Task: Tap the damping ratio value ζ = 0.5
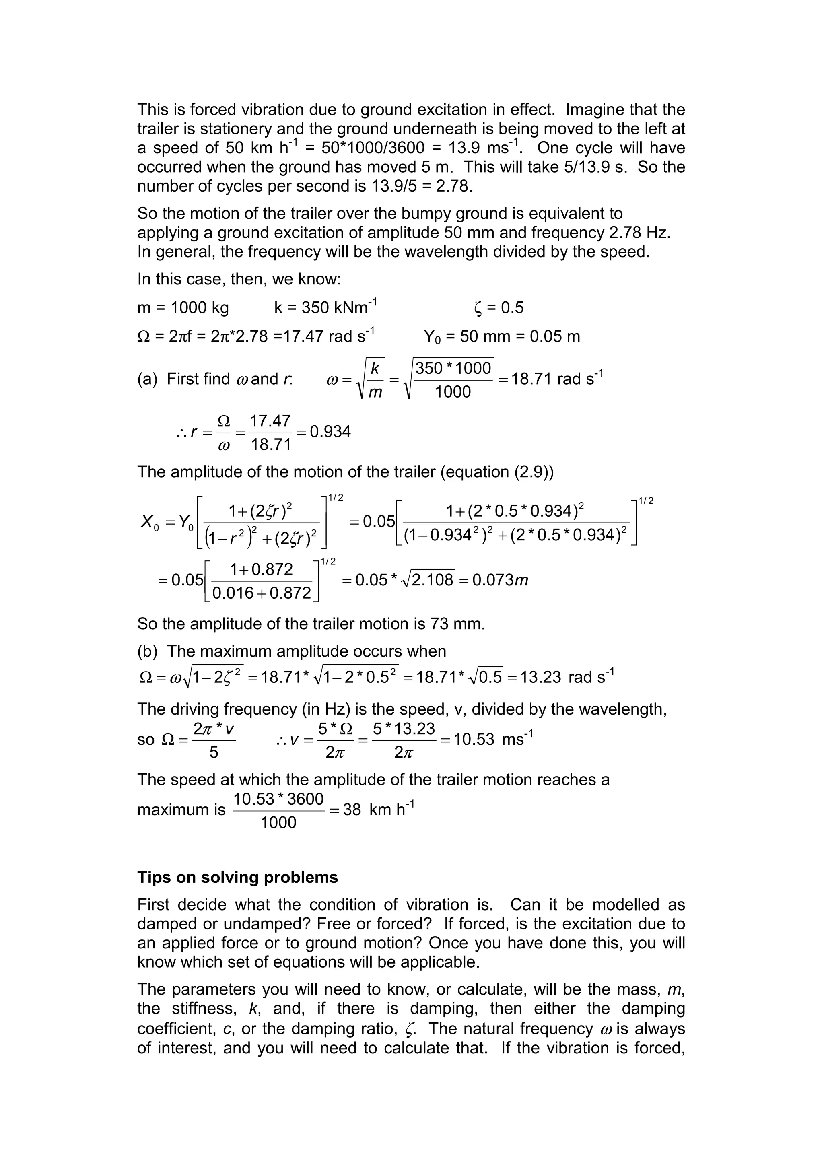(x=498, y=308)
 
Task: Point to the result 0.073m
(x=500, y=580)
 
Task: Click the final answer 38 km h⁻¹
(x=379, y=810)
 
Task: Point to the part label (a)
(x=147, y=379)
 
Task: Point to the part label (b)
(x=147, y=651)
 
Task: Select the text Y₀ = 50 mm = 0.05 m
(x=502, y=337)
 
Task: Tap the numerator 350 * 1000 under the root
(x=453, y=368)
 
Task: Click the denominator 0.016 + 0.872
(x=262, y=593)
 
